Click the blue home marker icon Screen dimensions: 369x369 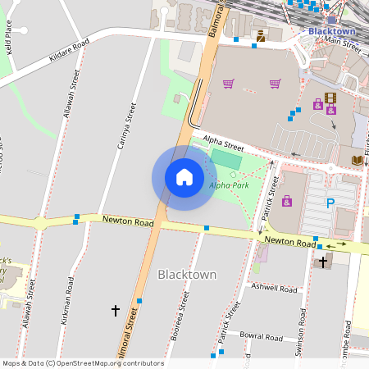coord(184,177)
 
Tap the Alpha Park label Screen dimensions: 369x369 coord(229,184)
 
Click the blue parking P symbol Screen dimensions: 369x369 coord(330,203)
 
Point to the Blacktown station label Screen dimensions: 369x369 coord(331,31)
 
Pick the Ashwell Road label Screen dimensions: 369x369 coord(275,289)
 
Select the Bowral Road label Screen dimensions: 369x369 coord(262,337)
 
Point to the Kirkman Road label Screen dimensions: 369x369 coord(67,300)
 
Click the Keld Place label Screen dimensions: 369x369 coord(9,37)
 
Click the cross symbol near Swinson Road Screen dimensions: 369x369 coord(323,262)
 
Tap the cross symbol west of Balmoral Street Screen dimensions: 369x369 coord(115,311)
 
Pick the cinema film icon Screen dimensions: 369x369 coord(330,98)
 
